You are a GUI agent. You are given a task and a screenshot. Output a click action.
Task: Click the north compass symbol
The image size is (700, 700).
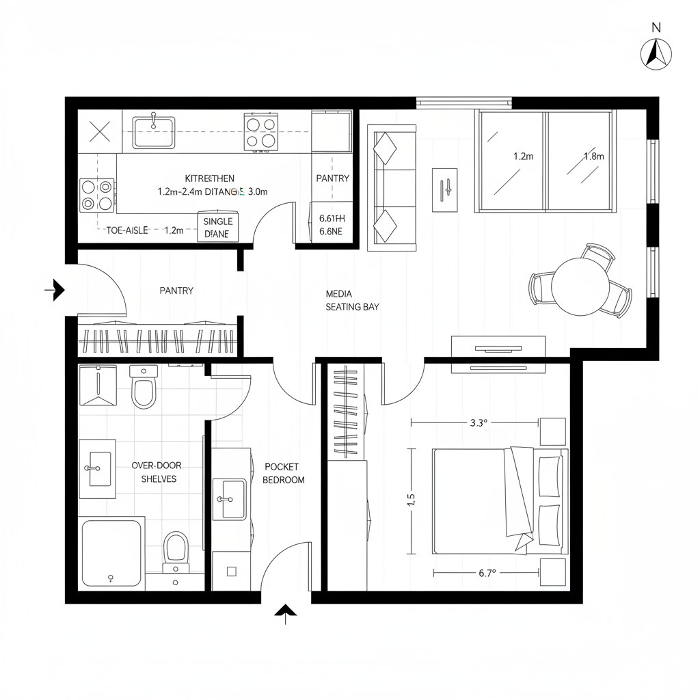pos(656,53)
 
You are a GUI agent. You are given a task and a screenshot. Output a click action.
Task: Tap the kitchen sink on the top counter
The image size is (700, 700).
pos(154,132)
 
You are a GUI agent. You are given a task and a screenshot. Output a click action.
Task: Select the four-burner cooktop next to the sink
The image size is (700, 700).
pos(262,132)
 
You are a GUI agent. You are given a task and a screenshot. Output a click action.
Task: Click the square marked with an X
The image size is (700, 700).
pos(100,131)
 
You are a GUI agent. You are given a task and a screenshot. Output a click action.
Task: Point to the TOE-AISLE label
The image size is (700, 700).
pos(127,230)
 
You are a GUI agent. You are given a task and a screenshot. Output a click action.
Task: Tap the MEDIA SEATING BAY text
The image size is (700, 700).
pos(352,300)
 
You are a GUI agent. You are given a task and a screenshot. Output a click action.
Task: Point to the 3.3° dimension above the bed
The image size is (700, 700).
pos(479,422)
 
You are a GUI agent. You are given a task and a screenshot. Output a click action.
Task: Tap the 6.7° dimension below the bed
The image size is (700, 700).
pos(487,574)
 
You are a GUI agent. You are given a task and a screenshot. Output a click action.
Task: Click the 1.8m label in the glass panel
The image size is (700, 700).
pos(593,156)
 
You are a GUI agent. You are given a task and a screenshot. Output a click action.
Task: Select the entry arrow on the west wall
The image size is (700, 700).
pos(55,291)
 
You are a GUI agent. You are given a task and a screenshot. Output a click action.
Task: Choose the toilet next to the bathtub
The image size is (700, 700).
pos(176,550)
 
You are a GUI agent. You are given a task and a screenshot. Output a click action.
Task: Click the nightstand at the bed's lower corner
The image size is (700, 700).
pos(552,572)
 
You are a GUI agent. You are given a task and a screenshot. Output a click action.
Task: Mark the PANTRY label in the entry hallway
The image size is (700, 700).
pos(176,291)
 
